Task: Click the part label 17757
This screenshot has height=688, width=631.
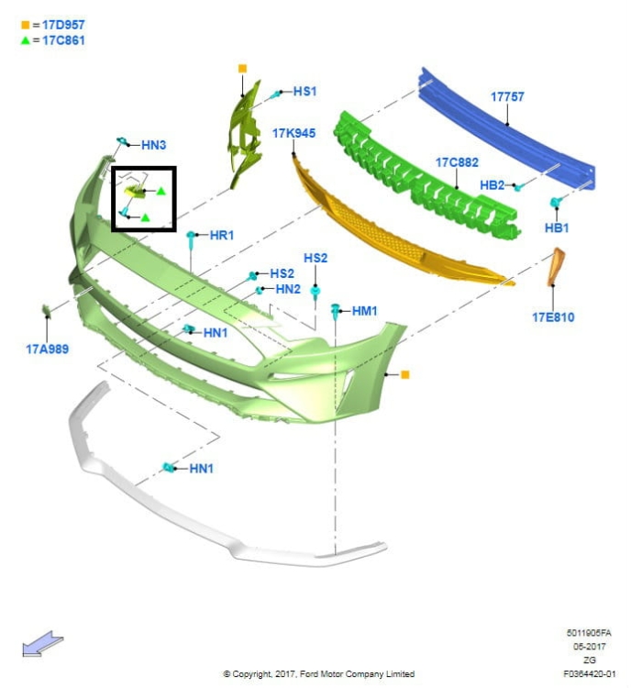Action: pyautogui.click(x=507, y=96)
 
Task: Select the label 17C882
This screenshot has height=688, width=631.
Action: pyautogui.click(x=457, y=162)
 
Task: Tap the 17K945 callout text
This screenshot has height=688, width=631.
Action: pyautogui.click(x=293, y=133)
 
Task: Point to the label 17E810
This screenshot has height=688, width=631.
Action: pyautogui.click(x=553, y=316)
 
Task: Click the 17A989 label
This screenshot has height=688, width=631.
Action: pyautogui.click(x=48, y=349)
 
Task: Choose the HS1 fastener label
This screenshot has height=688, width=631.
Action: pyautogui.click(x=305, y=91)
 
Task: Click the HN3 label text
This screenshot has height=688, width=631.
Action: pyautogui.click(x=153, y=145)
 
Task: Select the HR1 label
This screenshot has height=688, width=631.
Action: pyautogui.click(x=222, y=235)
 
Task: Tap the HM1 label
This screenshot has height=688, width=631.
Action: pyautogui.click(x=365, y=311)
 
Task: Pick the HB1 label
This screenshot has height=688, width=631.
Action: pyautogui.click(x=557, y=227)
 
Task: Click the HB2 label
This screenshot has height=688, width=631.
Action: pyautogui.click(x=492, y=185)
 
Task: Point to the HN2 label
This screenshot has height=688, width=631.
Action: pyautogui.click(x=288, y=289)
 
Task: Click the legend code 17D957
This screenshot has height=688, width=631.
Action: pyautogui.click(x=63, y=25)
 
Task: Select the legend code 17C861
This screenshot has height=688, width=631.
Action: pyautogui.click(x=63, y=40)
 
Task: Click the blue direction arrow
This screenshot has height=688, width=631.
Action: pyautogui.click(x=42, y=644)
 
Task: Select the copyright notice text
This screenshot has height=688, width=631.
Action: pyautogui.click(x=318, y=673)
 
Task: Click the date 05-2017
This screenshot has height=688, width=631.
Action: pyautogui.click(x=589, y=647)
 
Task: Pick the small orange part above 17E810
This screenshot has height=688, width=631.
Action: pyautogui.click(x=555, y=266)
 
